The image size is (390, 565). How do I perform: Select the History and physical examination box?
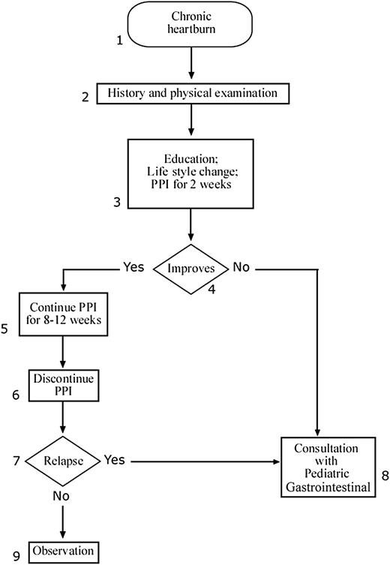pyautogui.click(x=192, y=94)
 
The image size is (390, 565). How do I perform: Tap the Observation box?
pyautogui.click(x=64, y=551)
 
